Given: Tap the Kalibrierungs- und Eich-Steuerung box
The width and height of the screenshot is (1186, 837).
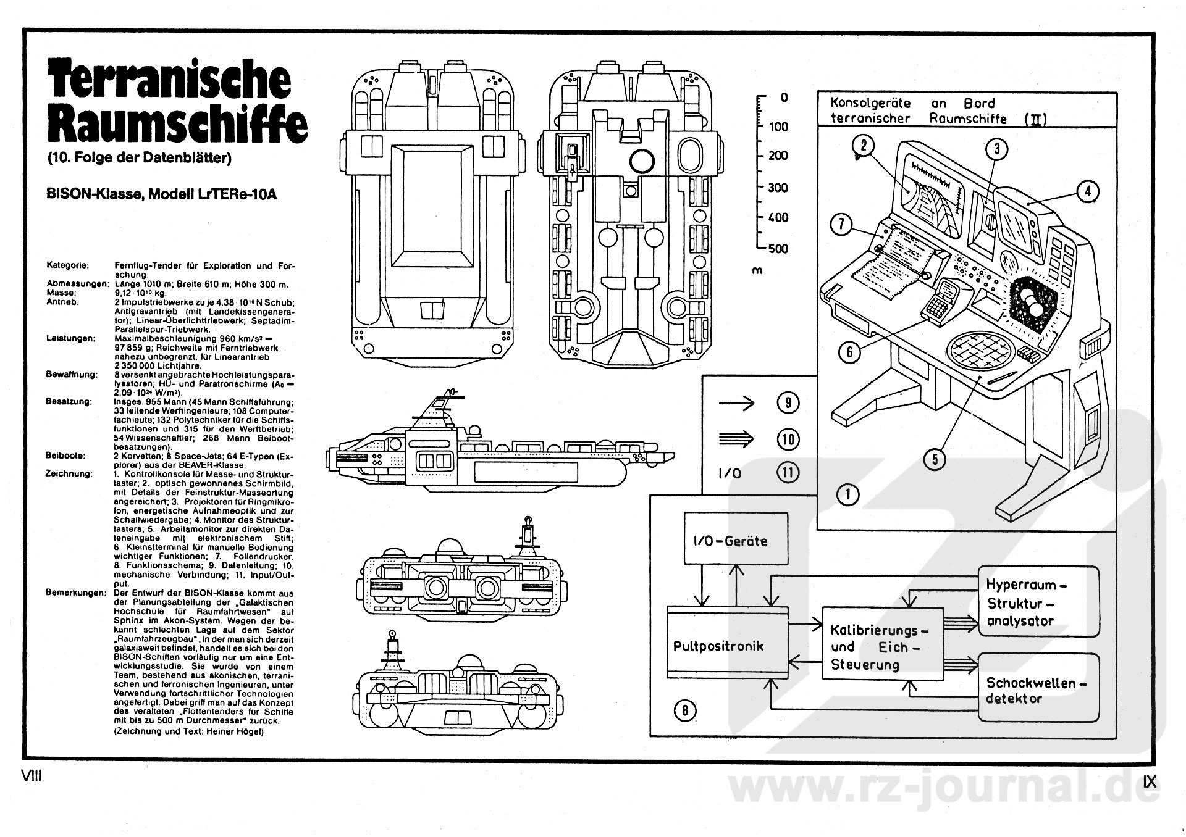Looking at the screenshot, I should click(x=883, y=646).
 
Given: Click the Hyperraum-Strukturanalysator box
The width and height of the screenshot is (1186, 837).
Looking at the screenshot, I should click(x=1038, y=602).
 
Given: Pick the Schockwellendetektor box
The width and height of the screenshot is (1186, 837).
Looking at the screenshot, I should click(x=1038, y=689).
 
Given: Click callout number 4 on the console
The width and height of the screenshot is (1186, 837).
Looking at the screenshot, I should click(x=1087, y=191).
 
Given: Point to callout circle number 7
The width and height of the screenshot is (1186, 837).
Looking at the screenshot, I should click(x=841, y=225).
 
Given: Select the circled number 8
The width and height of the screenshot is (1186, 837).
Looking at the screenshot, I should click(x=684, y=710).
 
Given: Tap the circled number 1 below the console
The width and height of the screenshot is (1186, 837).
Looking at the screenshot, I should click(x=847, y=494).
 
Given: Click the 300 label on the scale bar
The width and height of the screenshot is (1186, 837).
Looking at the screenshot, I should click(x=778, y=188).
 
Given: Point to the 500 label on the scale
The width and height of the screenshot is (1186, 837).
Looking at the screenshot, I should click(x=778, y=248).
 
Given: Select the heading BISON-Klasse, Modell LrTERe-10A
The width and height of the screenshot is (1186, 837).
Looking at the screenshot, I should click(x=162, y=194).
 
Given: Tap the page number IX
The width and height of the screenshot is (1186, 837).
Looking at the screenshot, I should click(x=1150, y=781).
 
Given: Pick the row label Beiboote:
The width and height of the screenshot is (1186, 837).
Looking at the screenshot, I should click(x=65, y=456).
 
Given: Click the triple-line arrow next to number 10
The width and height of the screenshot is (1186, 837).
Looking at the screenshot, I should click(x=737, y=439).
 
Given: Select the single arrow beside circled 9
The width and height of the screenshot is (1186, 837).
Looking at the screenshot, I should click(x=737, y=404).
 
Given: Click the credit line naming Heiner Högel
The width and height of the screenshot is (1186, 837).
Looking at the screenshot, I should click(x=189, y=731).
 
